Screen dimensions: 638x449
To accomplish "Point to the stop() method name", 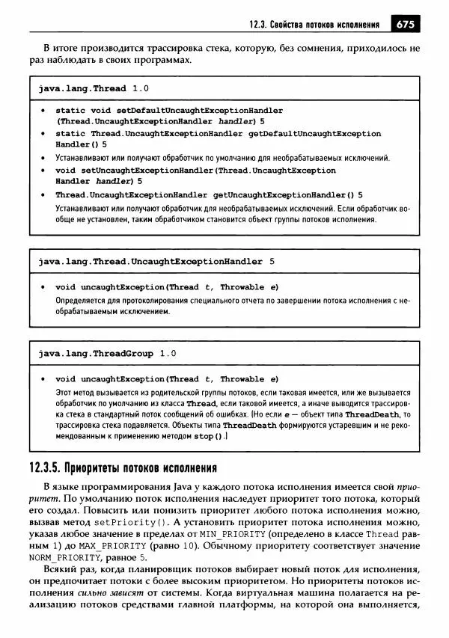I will click(208, 436).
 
